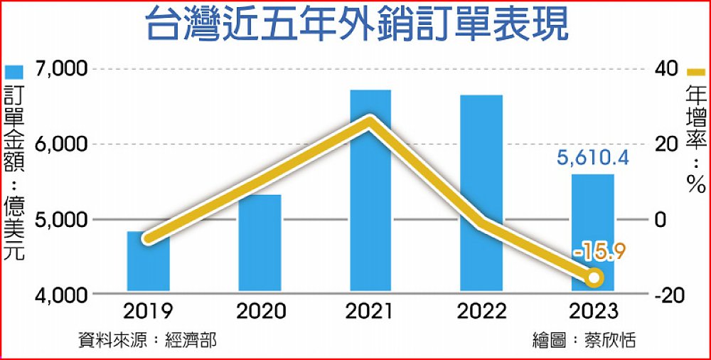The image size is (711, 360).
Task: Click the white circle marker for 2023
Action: point(594,277)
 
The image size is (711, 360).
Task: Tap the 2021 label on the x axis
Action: point(370,312)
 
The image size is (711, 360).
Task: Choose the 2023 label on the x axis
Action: point(592,312)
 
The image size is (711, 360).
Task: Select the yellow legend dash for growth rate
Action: point(695,73)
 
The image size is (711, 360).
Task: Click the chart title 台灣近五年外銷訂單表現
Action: point(355,27)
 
